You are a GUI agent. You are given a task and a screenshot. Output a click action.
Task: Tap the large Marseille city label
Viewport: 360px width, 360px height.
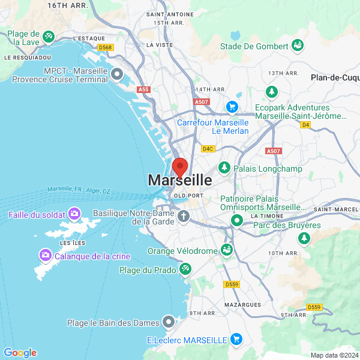point(179,180)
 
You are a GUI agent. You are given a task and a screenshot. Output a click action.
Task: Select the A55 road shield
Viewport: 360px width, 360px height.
point(143,89)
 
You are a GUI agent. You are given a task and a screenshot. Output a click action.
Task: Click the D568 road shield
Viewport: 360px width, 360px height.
point(106,47)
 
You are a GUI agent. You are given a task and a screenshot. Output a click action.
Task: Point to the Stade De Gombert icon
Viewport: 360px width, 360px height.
point(297,46)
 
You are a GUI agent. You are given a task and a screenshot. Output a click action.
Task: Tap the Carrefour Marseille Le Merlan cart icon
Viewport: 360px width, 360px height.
point(232,107)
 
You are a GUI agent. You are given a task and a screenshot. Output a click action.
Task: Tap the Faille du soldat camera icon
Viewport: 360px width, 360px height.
point(74,214)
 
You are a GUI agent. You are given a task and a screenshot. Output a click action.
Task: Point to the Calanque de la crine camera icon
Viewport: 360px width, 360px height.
point(45,256)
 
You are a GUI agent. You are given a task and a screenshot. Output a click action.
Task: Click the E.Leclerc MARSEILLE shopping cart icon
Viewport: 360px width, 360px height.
point(236,339)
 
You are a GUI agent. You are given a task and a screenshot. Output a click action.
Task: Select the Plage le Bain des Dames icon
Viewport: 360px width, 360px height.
point(170,322)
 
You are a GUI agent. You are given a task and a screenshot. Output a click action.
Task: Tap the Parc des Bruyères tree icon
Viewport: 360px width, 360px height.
point(305,238)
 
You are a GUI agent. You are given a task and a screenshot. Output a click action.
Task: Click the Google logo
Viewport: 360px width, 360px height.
point(20,353)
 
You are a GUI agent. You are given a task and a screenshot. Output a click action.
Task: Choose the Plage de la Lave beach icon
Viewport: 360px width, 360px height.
point(49,37)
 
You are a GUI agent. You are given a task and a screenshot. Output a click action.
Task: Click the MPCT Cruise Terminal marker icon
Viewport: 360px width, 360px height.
point(117,75)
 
